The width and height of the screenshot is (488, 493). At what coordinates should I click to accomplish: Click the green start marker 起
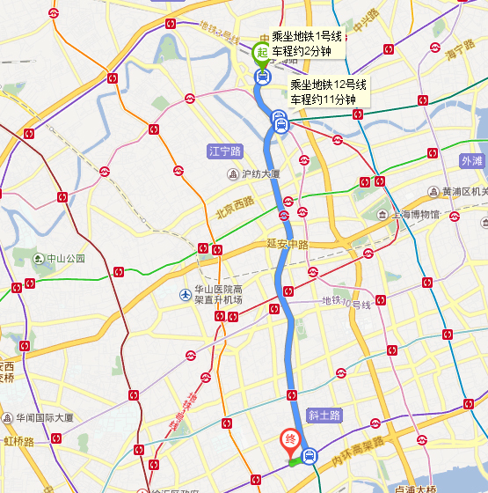(261, 53)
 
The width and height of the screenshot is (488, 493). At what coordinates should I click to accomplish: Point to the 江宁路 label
(224, 151)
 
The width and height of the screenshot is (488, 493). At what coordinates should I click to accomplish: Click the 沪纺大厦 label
(260, 173)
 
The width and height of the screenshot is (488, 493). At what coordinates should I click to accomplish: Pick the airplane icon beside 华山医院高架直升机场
(185, 294)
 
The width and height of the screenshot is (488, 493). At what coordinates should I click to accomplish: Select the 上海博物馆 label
(418, 214)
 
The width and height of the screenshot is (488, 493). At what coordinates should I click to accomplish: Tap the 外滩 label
(472, 161)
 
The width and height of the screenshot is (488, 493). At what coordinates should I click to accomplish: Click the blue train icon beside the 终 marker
(309, 456)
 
